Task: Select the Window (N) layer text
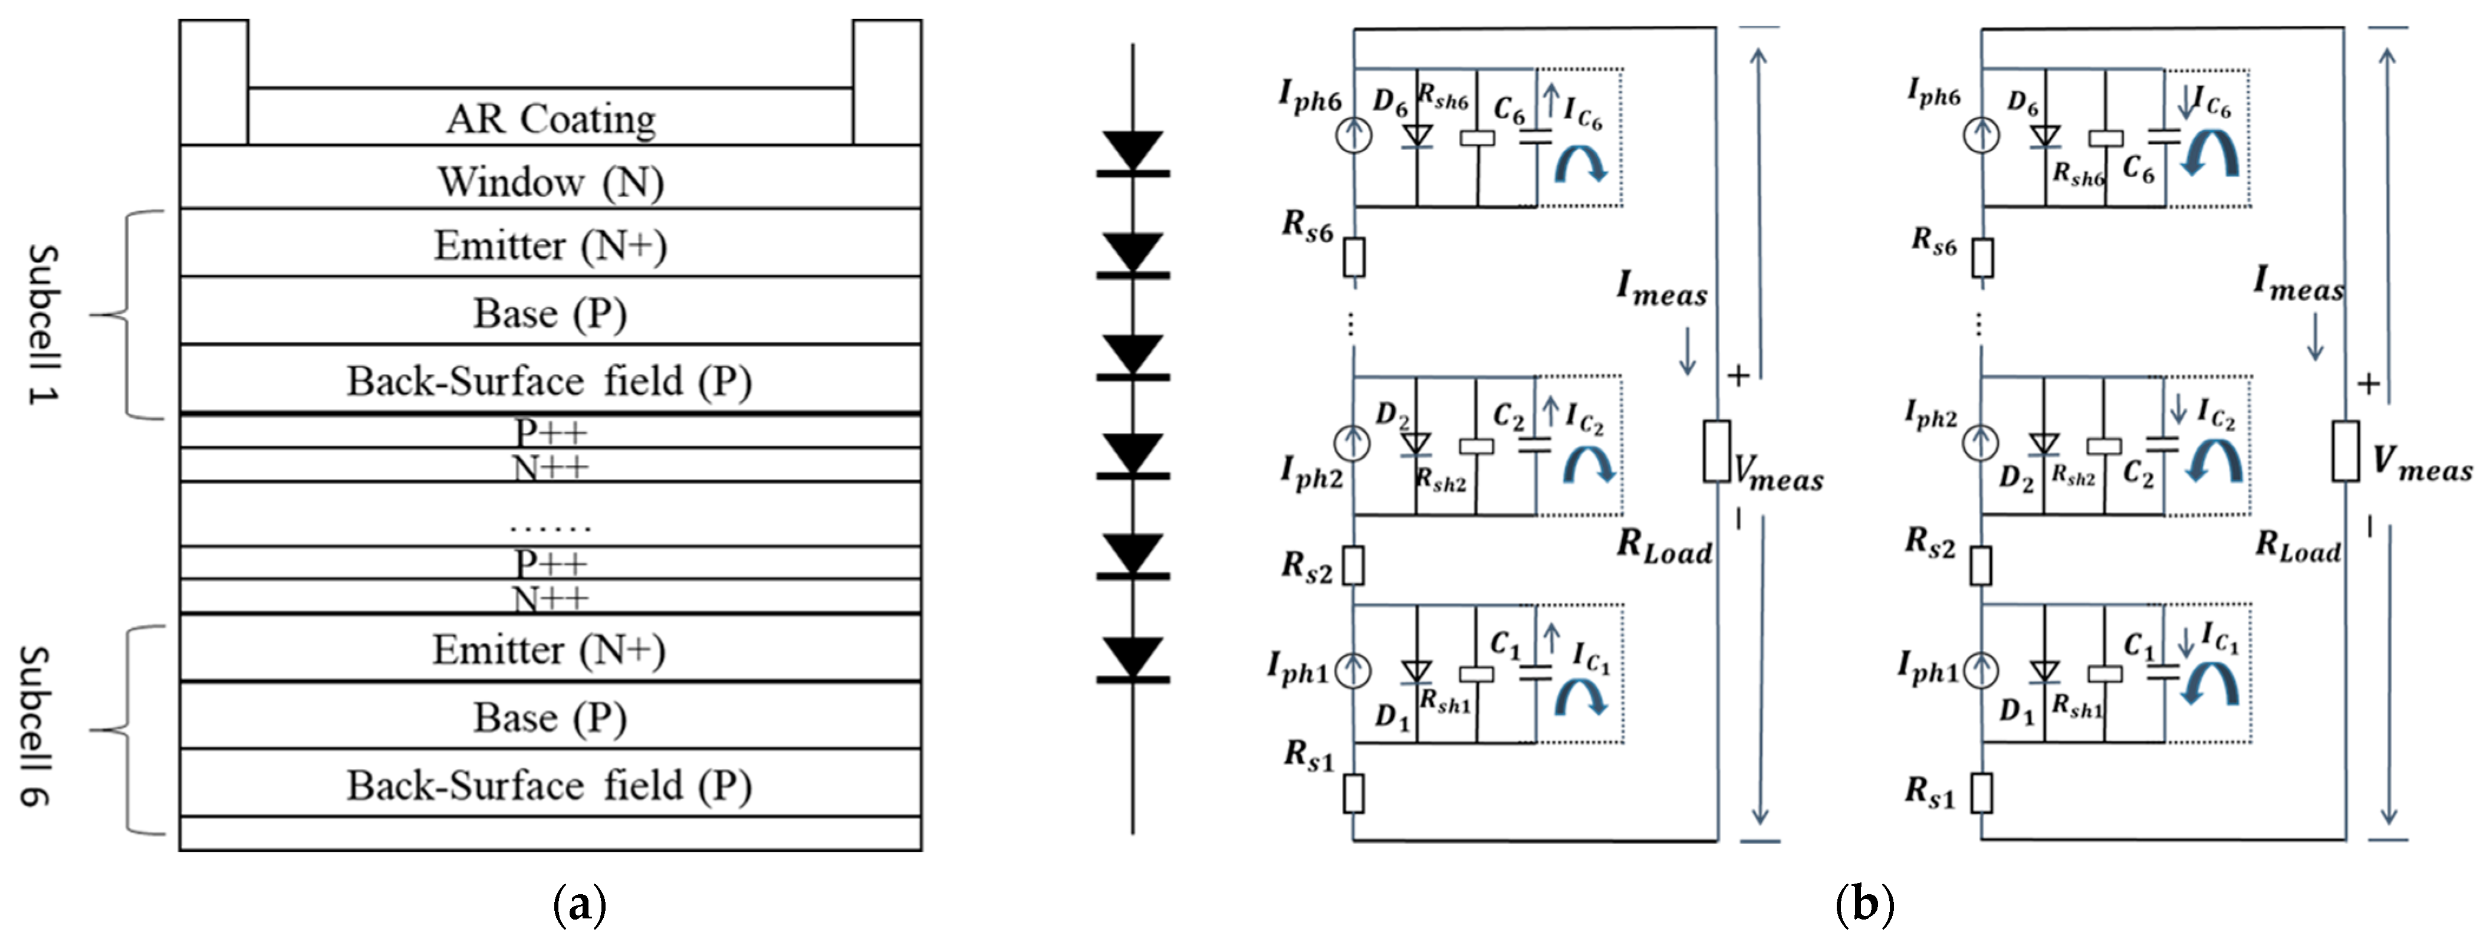coord(550,181)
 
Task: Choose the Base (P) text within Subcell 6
coord(550,717)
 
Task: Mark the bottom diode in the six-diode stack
coord(1133,659)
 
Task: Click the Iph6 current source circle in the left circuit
coord(1353,136)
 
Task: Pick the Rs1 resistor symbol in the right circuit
coord(1982,793)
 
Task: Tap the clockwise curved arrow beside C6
coord(1581,166)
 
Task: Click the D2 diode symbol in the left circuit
coord(1415,444)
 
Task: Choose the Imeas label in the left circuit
coord(1662,289)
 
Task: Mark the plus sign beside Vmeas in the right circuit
coord(2368,384)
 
